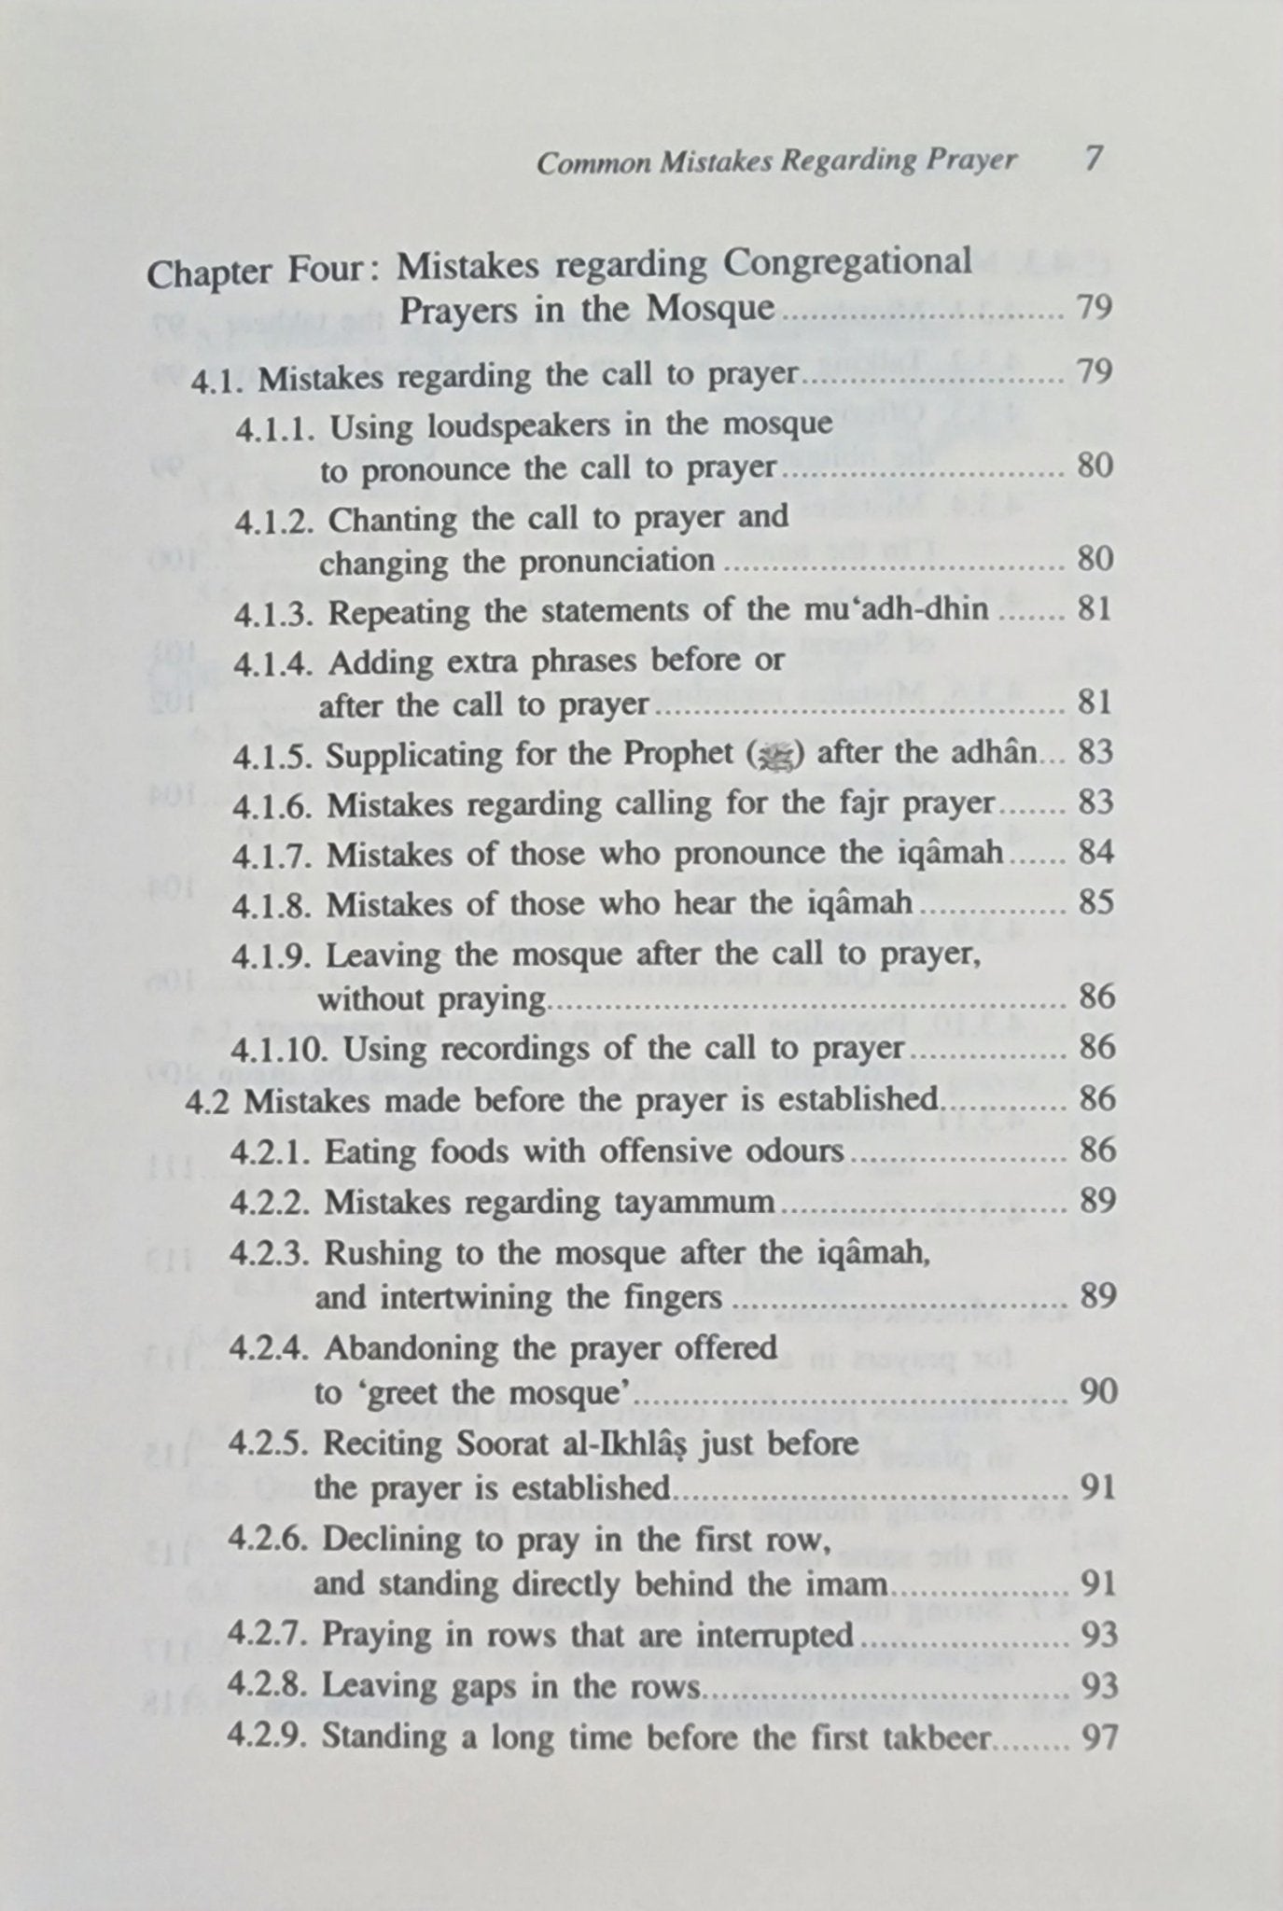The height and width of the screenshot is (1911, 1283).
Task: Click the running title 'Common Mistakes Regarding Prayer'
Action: pyautogui.click(x=776, y=161)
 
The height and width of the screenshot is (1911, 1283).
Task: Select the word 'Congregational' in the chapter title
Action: pyautogui.click(x=849, y=264)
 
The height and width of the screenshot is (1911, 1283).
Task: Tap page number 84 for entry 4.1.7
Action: pyautogui.click(x=1095, y=853)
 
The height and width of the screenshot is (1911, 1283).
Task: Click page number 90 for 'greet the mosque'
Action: pyautogui.click(x=1097, y=1392)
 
